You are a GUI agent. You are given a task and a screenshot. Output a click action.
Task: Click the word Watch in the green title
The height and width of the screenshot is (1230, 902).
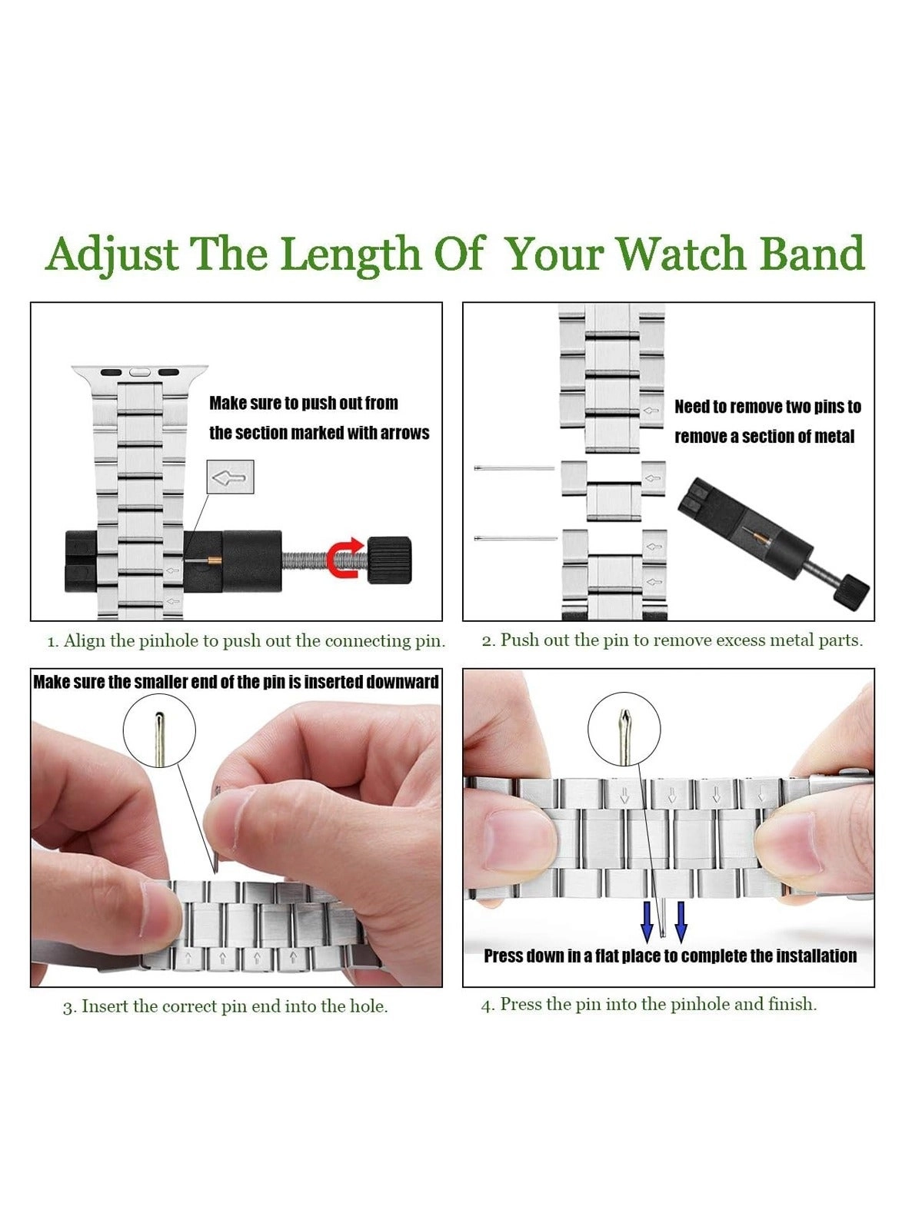(680, 254)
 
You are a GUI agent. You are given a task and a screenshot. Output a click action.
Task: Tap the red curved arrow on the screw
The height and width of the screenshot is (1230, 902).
(343, 557)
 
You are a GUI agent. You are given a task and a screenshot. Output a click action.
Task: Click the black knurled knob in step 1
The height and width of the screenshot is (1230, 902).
(389, 560)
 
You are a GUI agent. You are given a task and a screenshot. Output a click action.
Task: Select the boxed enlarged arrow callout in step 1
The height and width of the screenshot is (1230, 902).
(230, 477)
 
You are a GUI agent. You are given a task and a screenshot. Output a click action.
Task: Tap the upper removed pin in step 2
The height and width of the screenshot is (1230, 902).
(514, 468)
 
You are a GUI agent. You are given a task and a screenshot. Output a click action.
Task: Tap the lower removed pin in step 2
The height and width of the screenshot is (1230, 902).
(516, 538)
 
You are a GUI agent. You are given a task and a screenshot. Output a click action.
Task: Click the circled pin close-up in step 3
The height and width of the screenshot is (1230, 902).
(159, 730)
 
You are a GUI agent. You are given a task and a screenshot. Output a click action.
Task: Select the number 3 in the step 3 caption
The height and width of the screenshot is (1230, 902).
(67, 1008)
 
